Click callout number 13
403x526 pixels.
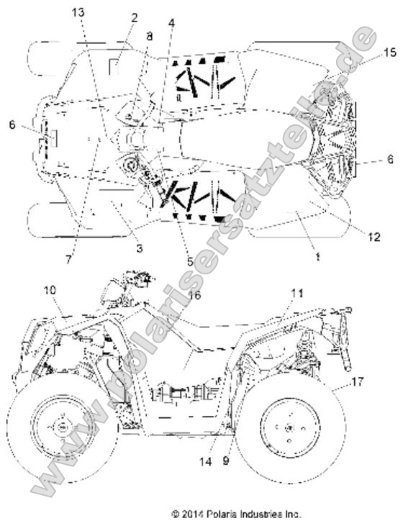[78, 13]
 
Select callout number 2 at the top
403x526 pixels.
[135, 17]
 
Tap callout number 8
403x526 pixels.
[149, 36]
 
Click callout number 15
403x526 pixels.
[390, 53]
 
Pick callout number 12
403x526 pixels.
[374, 237]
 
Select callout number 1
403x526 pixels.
[317, 257]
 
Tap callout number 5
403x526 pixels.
[190, 261]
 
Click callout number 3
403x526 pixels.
[140, 248]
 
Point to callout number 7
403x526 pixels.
[68, 259]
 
